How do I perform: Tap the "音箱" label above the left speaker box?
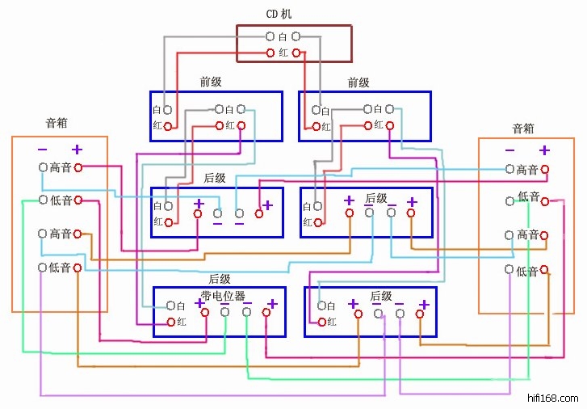pos(57,124)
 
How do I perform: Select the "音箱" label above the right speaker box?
pos(523,129)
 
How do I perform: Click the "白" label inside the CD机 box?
pos(283,37)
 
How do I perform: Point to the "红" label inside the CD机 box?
pos(283,53)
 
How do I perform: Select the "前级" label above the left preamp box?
pos(211,82)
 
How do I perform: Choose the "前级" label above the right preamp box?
pos(358,82)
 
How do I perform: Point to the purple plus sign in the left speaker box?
pos(77,149)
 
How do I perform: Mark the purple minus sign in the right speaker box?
pos(509,150)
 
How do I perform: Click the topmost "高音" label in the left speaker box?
pos(61,167)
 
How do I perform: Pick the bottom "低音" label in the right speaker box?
pos(527,272)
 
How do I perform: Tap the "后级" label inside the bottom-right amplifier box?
pos(381,297)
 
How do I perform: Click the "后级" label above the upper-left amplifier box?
pos(215,178)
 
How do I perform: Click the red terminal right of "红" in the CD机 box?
pos(296,53)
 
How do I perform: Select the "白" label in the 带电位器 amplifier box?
pos(181,306)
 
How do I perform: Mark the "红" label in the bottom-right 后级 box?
pos(332,323)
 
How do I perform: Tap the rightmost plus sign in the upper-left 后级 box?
pos(267,205)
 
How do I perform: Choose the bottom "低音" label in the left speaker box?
pos(61,268)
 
